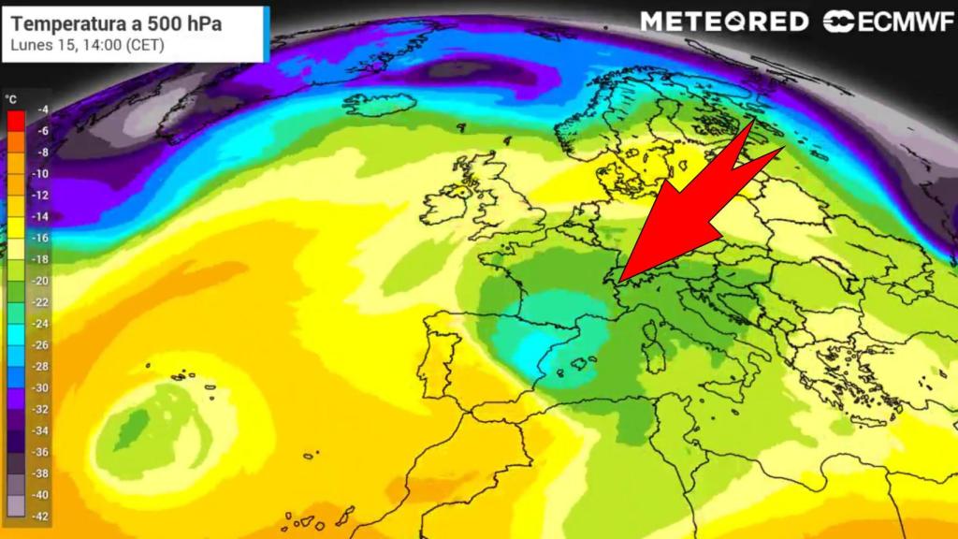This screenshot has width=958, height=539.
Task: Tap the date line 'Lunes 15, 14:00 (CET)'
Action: [x=87, y=44]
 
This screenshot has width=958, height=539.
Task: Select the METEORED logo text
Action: [x=724, y=22]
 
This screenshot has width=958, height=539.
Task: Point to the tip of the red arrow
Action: [x=619, y=278]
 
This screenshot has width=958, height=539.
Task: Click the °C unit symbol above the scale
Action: [x=11, y=96]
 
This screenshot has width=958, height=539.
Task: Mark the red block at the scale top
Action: [x=15, y=120]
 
